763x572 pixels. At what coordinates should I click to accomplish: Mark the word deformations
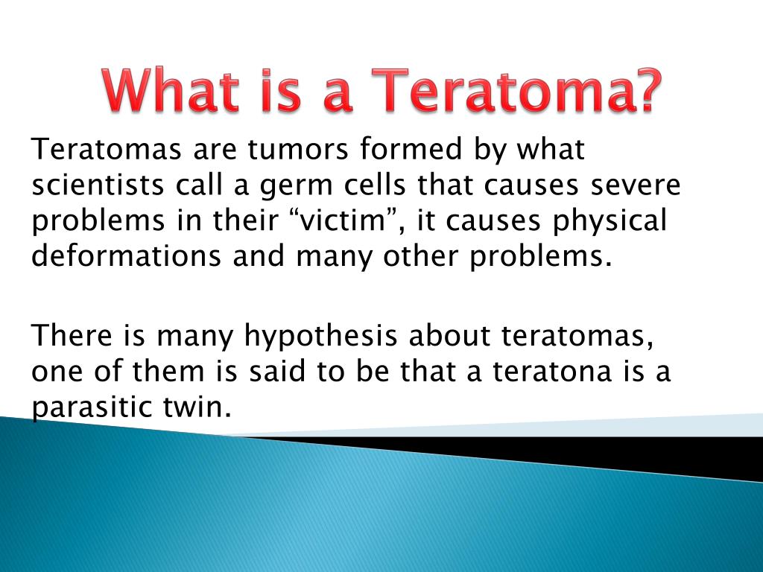pos(127,256)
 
